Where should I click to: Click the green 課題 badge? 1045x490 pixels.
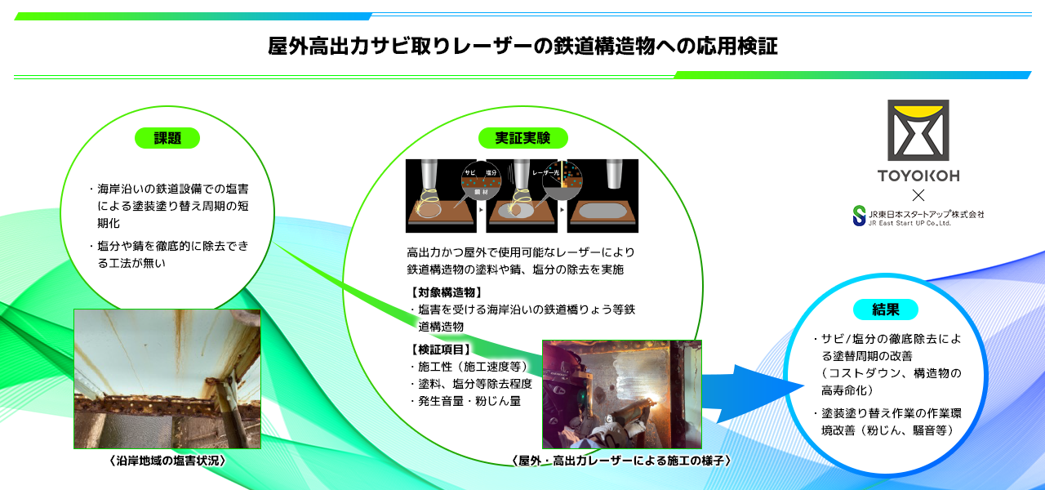[x=167, y=138]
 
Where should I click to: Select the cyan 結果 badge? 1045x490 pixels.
[x=886, y=310]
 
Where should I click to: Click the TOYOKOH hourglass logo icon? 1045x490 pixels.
[x=918, y=131]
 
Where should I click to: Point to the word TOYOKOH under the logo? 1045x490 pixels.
[x=918, y=176]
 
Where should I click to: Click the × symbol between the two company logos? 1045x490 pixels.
[x=918, y=195]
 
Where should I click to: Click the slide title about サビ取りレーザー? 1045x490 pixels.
[x=522, y=46]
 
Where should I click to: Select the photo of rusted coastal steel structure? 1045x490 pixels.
[x=167, y=378]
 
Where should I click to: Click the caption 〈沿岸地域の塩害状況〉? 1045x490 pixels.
[x=167, y=461]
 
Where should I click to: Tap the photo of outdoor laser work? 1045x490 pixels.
[x=622, y=394]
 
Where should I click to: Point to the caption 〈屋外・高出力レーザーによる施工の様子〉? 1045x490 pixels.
[x=621, y=461]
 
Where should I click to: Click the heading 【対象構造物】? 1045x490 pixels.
[x=446, y=292]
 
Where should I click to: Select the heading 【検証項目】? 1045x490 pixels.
[x=441, y=350]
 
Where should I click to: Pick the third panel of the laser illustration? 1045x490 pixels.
[x=603, y=196]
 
